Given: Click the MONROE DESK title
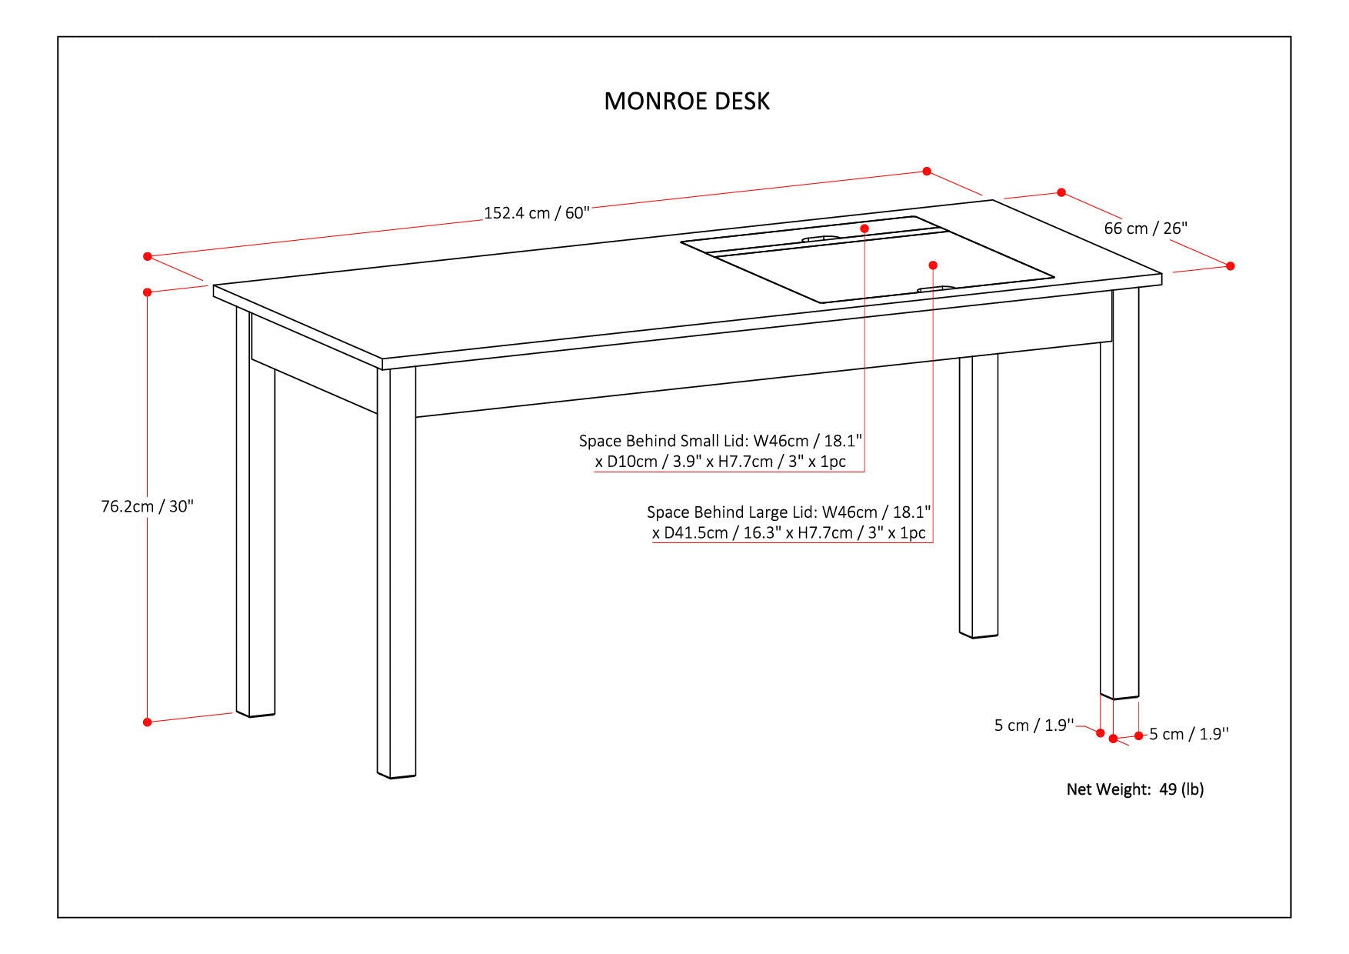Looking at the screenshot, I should coord(686,101).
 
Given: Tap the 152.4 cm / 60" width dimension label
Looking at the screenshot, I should coord(536,213).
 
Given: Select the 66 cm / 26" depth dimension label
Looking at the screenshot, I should coord(1145,228).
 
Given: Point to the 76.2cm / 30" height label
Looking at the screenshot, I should coord(147,506).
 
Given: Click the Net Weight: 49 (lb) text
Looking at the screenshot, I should coord(1134,789).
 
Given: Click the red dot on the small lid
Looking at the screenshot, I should coord(864,228).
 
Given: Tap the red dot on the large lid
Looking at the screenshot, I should coord(933,265).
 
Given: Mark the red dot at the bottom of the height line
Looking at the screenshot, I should coord(147,722).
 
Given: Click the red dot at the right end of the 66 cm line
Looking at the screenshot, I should coord(1231,265).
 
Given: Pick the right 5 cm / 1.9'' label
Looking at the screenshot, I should coord(1189,734).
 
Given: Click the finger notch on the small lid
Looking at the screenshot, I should coord(820,239).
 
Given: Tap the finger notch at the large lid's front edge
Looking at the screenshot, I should coord(936,289).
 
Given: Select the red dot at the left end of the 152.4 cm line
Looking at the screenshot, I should coord(148,256).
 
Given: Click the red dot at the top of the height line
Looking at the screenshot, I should coord(147,292).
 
